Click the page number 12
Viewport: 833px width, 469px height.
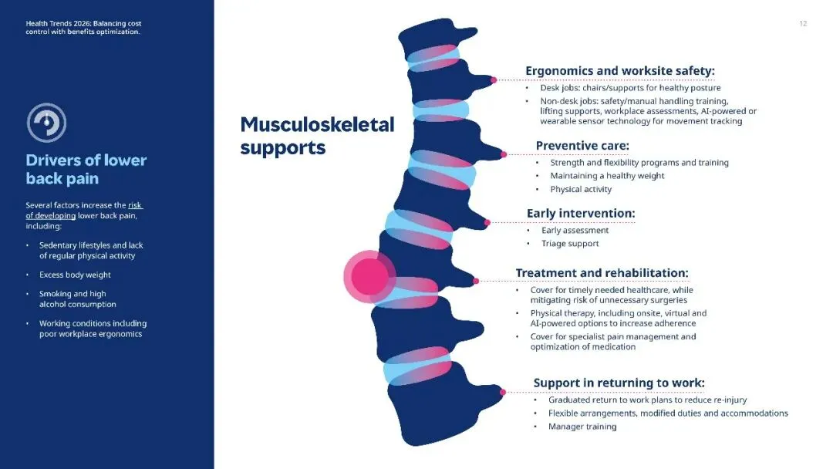pos(803,24)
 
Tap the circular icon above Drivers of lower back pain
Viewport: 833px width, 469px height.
pos(46,122)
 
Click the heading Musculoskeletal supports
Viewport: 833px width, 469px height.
pos(317,135)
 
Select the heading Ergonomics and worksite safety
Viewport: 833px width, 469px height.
pos(620,71)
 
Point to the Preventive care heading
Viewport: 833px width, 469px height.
pos(582,146)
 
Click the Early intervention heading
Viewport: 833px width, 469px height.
pos(580,213)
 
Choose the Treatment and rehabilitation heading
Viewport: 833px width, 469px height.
pos(602,273)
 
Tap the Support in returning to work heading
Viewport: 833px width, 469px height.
pos(619,383)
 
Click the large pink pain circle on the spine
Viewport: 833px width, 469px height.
pos(369,275)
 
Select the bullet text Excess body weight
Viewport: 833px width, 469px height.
pos(75,275)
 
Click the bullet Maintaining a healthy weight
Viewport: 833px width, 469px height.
pos(607,176)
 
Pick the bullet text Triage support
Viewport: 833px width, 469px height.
pos(570,244)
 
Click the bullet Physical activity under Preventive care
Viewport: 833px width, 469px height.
pos(581,190)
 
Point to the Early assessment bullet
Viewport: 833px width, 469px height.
pos(575,230)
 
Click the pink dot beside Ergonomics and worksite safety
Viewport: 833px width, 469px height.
pos(494,79)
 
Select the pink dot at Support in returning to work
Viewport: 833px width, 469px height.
pos(503,392)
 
